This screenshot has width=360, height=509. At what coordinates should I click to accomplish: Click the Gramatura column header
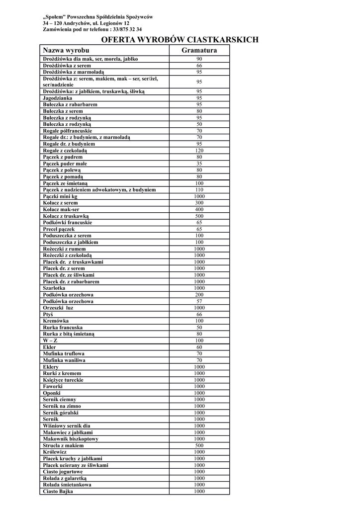coord(199,50)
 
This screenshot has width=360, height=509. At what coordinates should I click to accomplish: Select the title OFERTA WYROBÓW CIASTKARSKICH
coord(180,39)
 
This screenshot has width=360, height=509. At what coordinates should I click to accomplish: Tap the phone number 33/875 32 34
coord(119,29)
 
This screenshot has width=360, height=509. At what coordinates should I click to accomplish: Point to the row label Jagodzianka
coord(57,98)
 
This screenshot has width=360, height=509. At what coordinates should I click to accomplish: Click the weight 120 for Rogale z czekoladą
coord(199,151)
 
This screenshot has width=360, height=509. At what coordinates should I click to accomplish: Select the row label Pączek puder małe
coord(65,164)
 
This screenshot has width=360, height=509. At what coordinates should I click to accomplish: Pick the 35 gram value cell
coord(199,164)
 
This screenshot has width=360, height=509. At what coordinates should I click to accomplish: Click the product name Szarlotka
coord(54,288)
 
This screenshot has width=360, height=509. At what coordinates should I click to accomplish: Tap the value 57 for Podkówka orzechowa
coord(199,301)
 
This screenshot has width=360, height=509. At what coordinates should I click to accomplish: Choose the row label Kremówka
coord(55,321)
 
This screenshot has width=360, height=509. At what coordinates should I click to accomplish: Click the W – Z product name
coord(50,340)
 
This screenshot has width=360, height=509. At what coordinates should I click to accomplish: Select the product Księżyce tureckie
coord(63,380)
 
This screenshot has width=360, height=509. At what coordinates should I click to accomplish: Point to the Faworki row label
coord(53,387)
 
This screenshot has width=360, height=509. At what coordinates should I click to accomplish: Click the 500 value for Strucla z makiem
coord(199,446)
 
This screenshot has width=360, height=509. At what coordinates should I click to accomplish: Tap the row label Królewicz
coord(55,452)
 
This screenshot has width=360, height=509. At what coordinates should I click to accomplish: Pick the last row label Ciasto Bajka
coord(58,492)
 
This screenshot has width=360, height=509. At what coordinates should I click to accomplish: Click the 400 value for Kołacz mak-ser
coord(199,210)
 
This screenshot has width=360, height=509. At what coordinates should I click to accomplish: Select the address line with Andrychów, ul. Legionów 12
coord(86,23)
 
